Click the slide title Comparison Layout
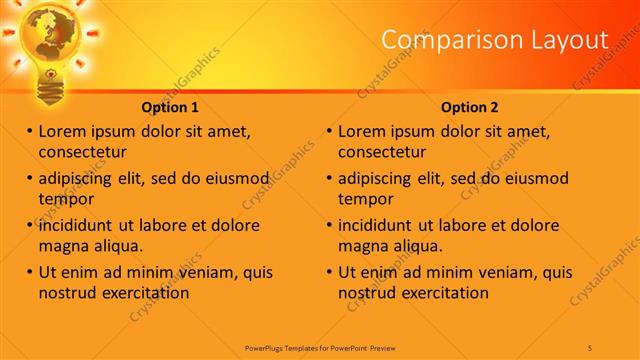click(495, 41)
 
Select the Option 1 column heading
click(170, 107)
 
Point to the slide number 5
click(590, 346)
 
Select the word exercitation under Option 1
click(142, 293)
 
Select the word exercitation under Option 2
click(442, 293)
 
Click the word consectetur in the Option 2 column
click(382, 152)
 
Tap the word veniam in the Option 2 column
click(487, 272)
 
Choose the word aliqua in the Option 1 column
click(118, 246)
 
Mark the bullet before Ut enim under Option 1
click(29, 272)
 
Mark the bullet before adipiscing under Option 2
click(329, 178)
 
